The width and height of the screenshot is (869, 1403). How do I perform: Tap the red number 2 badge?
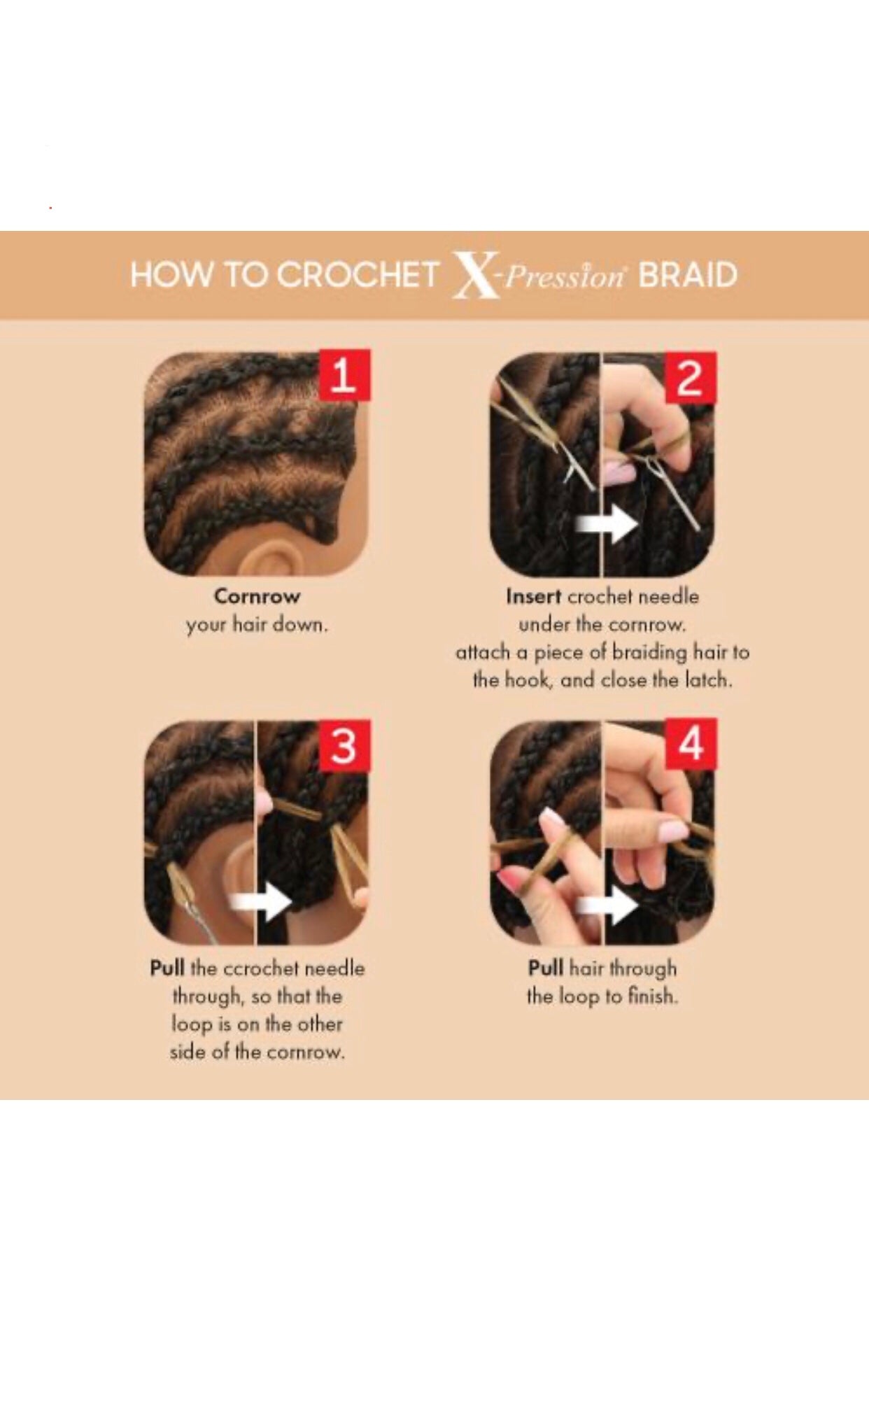point(690,378)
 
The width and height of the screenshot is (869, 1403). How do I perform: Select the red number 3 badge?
point(344,746)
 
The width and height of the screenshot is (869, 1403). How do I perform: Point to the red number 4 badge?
point(691,744)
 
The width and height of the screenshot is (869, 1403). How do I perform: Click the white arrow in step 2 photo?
point(606,523)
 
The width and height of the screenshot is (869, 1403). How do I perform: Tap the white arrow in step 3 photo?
point(260,903)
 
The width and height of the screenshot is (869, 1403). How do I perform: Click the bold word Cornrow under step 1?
point(257,597)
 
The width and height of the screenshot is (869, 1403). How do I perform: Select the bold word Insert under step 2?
point(533,597)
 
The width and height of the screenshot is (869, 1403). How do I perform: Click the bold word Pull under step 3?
point(167,968)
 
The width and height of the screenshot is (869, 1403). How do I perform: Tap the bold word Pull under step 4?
point(546,968)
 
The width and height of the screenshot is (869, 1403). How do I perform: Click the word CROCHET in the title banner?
point(358,274)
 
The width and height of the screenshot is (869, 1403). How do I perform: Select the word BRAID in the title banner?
point(688,275)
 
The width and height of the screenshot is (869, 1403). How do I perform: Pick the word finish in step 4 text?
point(653,996)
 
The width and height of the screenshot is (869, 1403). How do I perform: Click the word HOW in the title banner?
point(171,274)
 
